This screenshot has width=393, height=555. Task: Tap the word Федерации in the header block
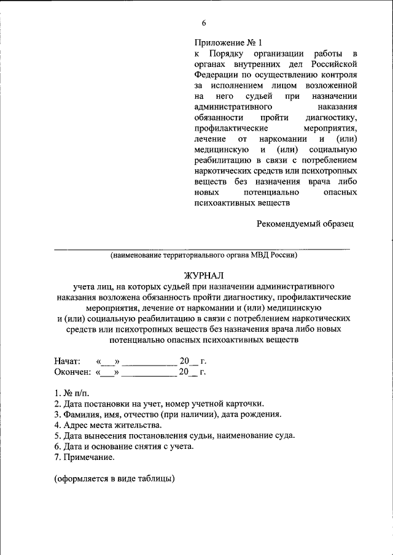(x=216, y=75)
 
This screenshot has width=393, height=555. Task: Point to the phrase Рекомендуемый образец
(x=305, y=224)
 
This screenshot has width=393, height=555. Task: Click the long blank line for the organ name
(x=203, y=249)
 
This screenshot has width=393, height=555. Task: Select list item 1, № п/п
(x=71, y=392)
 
